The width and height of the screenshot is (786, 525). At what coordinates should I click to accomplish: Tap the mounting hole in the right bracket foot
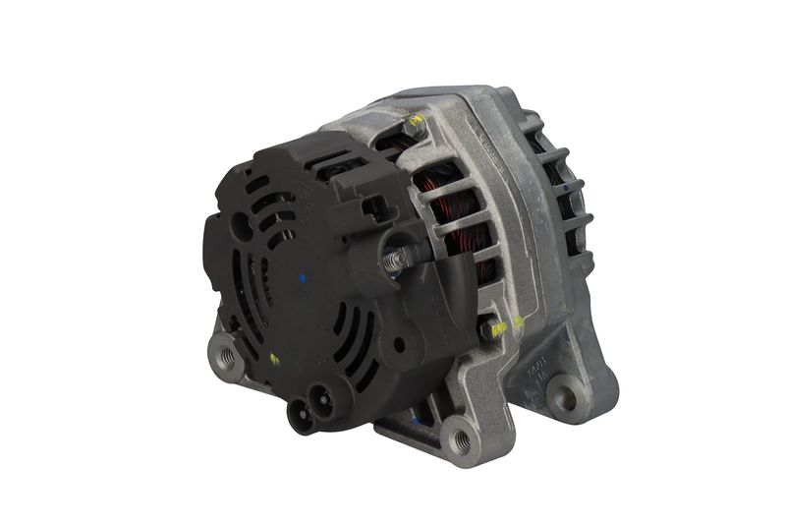tap(566, 395)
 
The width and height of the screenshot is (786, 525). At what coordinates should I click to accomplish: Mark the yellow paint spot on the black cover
tap(274, 360)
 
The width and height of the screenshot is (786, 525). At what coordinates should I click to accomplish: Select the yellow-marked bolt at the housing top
tap(414, 125)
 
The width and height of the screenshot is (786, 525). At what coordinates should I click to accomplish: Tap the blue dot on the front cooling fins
tap(569, 184)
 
